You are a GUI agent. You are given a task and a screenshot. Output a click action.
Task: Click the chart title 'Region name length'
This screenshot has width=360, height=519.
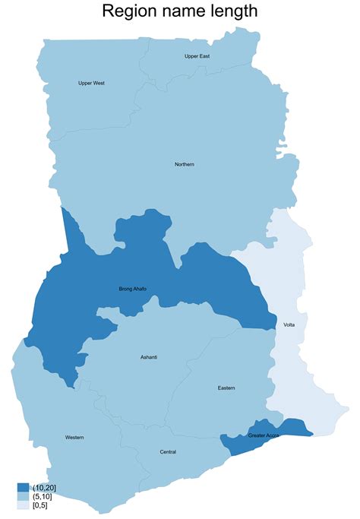coord(180,11)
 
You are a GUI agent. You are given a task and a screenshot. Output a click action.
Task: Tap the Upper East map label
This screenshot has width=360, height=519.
coord(197,56)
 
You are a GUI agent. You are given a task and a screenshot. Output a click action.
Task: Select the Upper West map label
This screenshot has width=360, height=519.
coord(91,83)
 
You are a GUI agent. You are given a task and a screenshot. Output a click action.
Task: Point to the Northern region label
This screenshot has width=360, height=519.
coord(185,164)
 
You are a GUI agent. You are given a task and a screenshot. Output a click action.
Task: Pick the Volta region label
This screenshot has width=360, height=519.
coord(289,324)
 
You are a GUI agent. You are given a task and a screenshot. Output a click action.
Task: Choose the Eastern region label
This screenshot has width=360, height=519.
coord(226,388)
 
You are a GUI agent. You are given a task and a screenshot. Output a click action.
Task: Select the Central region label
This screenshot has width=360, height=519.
coord(168,452)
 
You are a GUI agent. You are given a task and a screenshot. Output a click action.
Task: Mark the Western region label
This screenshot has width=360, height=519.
coord(74,437)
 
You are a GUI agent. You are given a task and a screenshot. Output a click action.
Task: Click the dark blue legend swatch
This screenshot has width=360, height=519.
coord(23,487)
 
